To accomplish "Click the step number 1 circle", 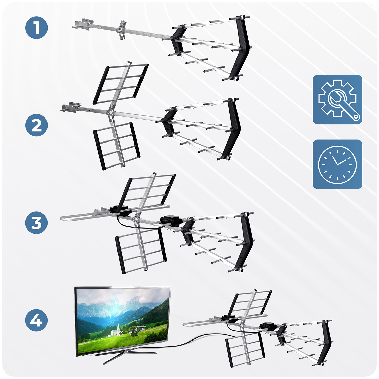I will click(37, 28).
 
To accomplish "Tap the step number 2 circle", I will click(37, 125).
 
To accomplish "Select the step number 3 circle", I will click(36, 223).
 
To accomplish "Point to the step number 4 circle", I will click(36, 320).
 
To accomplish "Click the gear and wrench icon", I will click(337, 100).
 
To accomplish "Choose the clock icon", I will click(337, 164).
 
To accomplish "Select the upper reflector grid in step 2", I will click(121, 83).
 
